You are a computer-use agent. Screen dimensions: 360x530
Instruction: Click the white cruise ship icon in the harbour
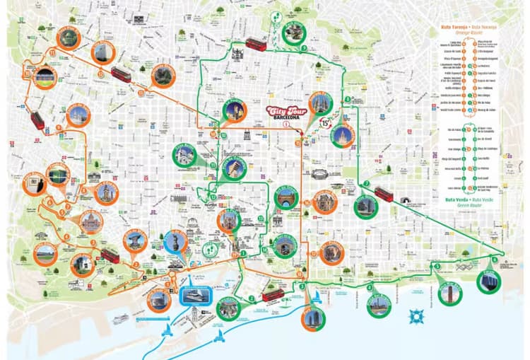pos(121,319)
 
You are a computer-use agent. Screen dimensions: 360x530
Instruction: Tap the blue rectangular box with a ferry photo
pos(195,295)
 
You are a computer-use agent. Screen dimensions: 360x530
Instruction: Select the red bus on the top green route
pos(256,45)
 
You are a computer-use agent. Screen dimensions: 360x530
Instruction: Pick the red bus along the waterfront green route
pos(273,295)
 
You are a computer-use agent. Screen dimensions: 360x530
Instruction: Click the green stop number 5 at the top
pos(303,48)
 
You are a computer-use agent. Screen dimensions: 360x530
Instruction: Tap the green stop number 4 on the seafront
pos(369,286)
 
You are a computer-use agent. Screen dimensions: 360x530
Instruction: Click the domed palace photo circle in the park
pos(90,223)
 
